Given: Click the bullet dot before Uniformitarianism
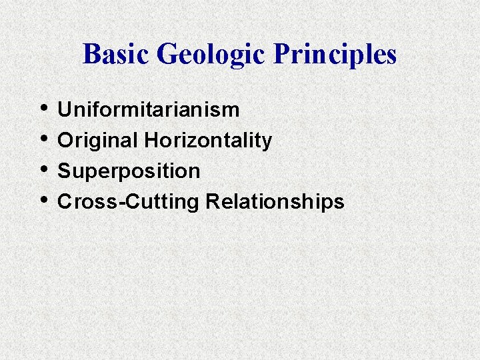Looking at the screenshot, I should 44,107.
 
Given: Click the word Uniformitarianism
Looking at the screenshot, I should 149,110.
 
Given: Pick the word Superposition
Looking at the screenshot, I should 129,171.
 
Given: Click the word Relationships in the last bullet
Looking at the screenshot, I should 275,202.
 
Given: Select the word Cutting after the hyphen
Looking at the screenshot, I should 158,202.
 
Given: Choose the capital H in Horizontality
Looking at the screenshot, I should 150,141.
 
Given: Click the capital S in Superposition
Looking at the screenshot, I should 65,171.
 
